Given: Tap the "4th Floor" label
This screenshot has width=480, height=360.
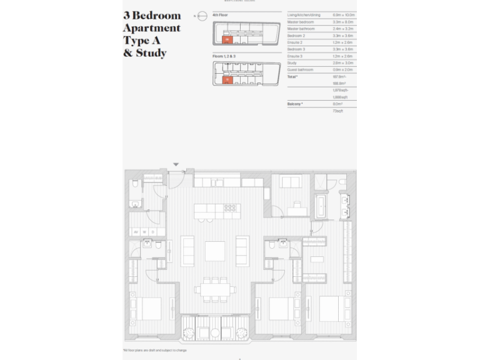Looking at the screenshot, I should [x=220, y=14].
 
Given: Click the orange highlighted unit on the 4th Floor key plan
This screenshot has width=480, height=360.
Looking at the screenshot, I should [x=227, y=39].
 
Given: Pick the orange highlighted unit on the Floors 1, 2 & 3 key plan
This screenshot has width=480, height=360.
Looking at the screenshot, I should [x=227, y=80].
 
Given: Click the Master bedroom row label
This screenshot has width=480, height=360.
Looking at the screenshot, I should [x=300, y=22].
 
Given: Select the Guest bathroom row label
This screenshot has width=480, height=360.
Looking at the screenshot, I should [x=301, y=69].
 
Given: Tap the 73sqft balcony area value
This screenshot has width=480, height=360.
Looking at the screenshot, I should [x=338, y=111].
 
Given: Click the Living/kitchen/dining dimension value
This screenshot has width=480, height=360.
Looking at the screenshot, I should [x=344, y=14].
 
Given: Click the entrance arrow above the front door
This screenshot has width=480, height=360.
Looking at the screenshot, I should [x=176, y=164].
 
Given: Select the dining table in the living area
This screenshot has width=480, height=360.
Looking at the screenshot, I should [x=214, y=289].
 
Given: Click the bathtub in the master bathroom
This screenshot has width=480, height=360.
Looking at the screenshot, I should [x=321, y=206].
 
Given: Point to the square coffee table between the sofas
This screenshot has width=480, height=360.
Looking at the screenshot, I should [x=214, y=251].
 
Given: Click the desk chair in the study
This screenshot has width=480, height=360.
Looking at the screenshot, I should [x=296, y=204].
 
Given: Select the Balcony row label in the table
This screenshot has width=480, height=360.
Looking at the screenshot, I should [x=294, y=104].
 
